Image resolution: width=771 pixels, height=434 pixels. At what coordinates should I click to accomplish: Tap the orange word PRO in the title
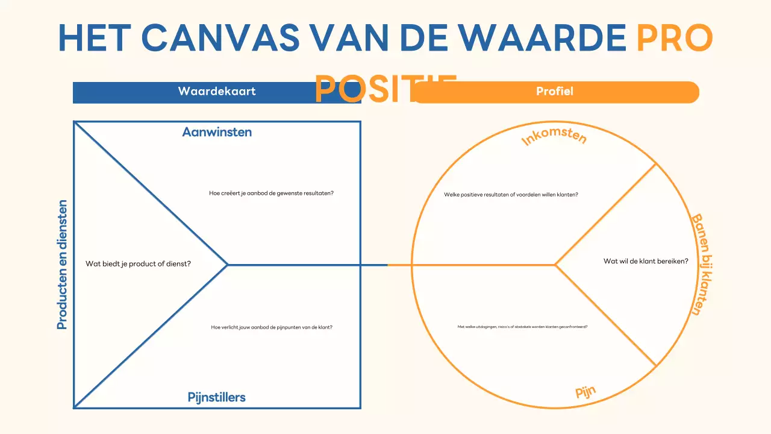click(x=675, y=37)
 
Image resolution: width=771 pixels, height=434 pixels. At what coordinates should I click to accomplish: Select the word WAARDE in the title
click(x=549, y=37)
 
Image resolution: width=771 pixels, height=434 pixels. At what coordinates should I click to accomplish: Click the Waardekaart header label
click(x=217, y=92)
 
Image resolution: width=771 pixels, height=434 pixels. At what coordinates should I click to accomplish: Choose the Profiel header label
click(x=554, y=92)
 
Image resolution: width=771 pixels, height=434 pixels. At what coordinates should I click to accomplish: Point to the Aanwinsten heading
click(x=217, y=132)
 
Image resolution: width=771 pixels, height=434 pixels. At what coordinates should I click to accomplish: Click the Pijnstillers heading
click(x=217, y=397)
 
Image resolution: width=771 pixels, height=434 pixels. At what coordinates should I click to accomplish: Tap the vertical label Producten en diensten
click(x=62, y=265)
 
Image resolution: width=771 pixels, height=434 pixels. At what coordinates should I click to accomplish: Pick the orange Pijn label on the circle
click(x=585, y=392)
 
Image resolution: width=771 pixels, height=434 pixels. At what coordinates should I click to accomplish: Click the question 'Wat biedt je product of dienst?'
click(x=138, y=263)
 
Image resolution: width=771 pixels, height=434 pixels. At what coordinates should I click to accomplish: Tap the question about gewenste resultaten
click(x=271, y=193)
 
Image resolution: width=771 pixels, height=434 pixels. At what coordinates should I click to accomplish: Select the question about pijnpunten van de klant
click(x=272, y=327)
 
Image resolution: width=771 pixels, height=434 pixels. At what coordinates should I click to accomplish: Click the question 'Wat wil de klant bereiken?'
click(x=646, y=261)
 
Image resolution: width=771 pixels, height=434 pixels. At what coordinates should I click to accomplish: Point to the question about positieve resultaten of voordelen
click(x=511, y=195)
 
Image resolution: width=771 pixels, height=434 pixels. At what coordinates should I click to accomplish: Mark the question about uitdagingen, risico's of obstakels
click(x=522, y=327)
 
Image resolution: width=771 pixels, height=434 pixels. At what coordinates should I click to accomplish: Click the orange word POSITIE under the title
click(x=385, y=89)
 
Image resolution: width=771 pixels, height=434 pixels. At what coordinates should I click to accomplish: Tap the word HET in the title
click(x=94, y=37)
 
